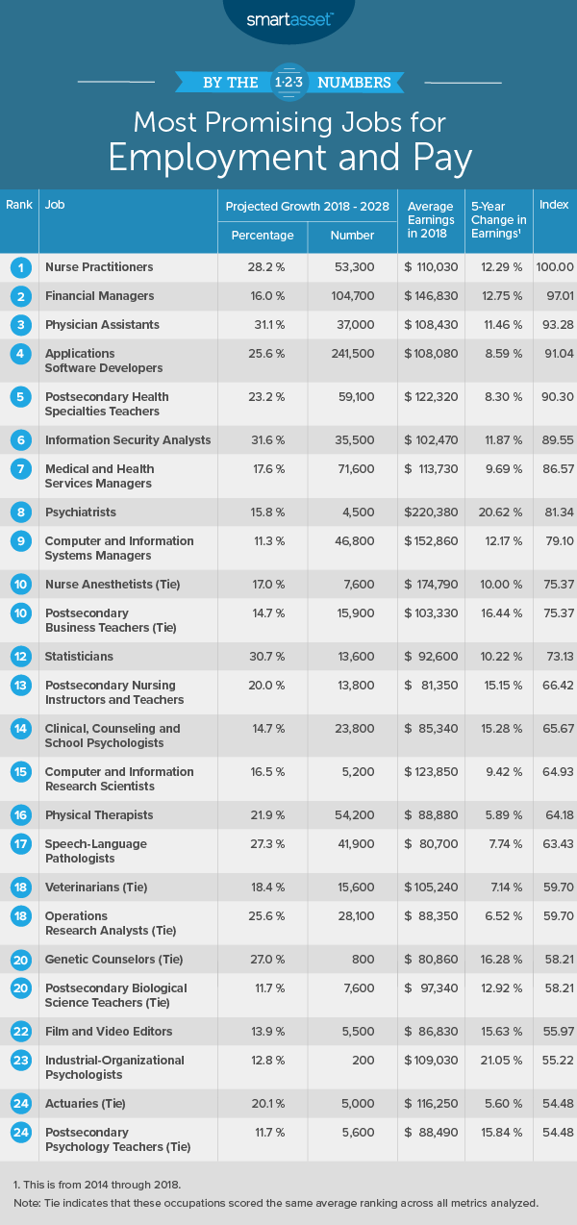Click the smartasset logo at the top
click(x=288, y=18)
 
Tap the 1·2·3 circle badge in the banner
click(x=288, y=82)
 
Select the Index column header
click(x=554, y=206)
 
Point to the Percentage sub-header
click(x=263, y=236)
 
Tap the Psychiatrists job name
click(x=81, y=512)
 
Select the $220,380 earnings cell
click(x=431, y=512)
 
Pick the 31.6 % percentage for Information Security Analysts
click(x=263, y=439)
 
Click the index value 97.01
click(x=554, y=295)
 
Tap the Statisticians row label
click(x=79, y=656)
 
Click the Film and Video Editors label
click(x=109, y=1031)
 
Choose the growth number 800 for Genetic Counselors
click(x=352, y=959)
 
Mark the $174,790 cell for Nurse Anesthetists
click(x=431, y=584)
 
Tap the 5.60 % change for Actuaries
click(x=496, y=1103)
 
